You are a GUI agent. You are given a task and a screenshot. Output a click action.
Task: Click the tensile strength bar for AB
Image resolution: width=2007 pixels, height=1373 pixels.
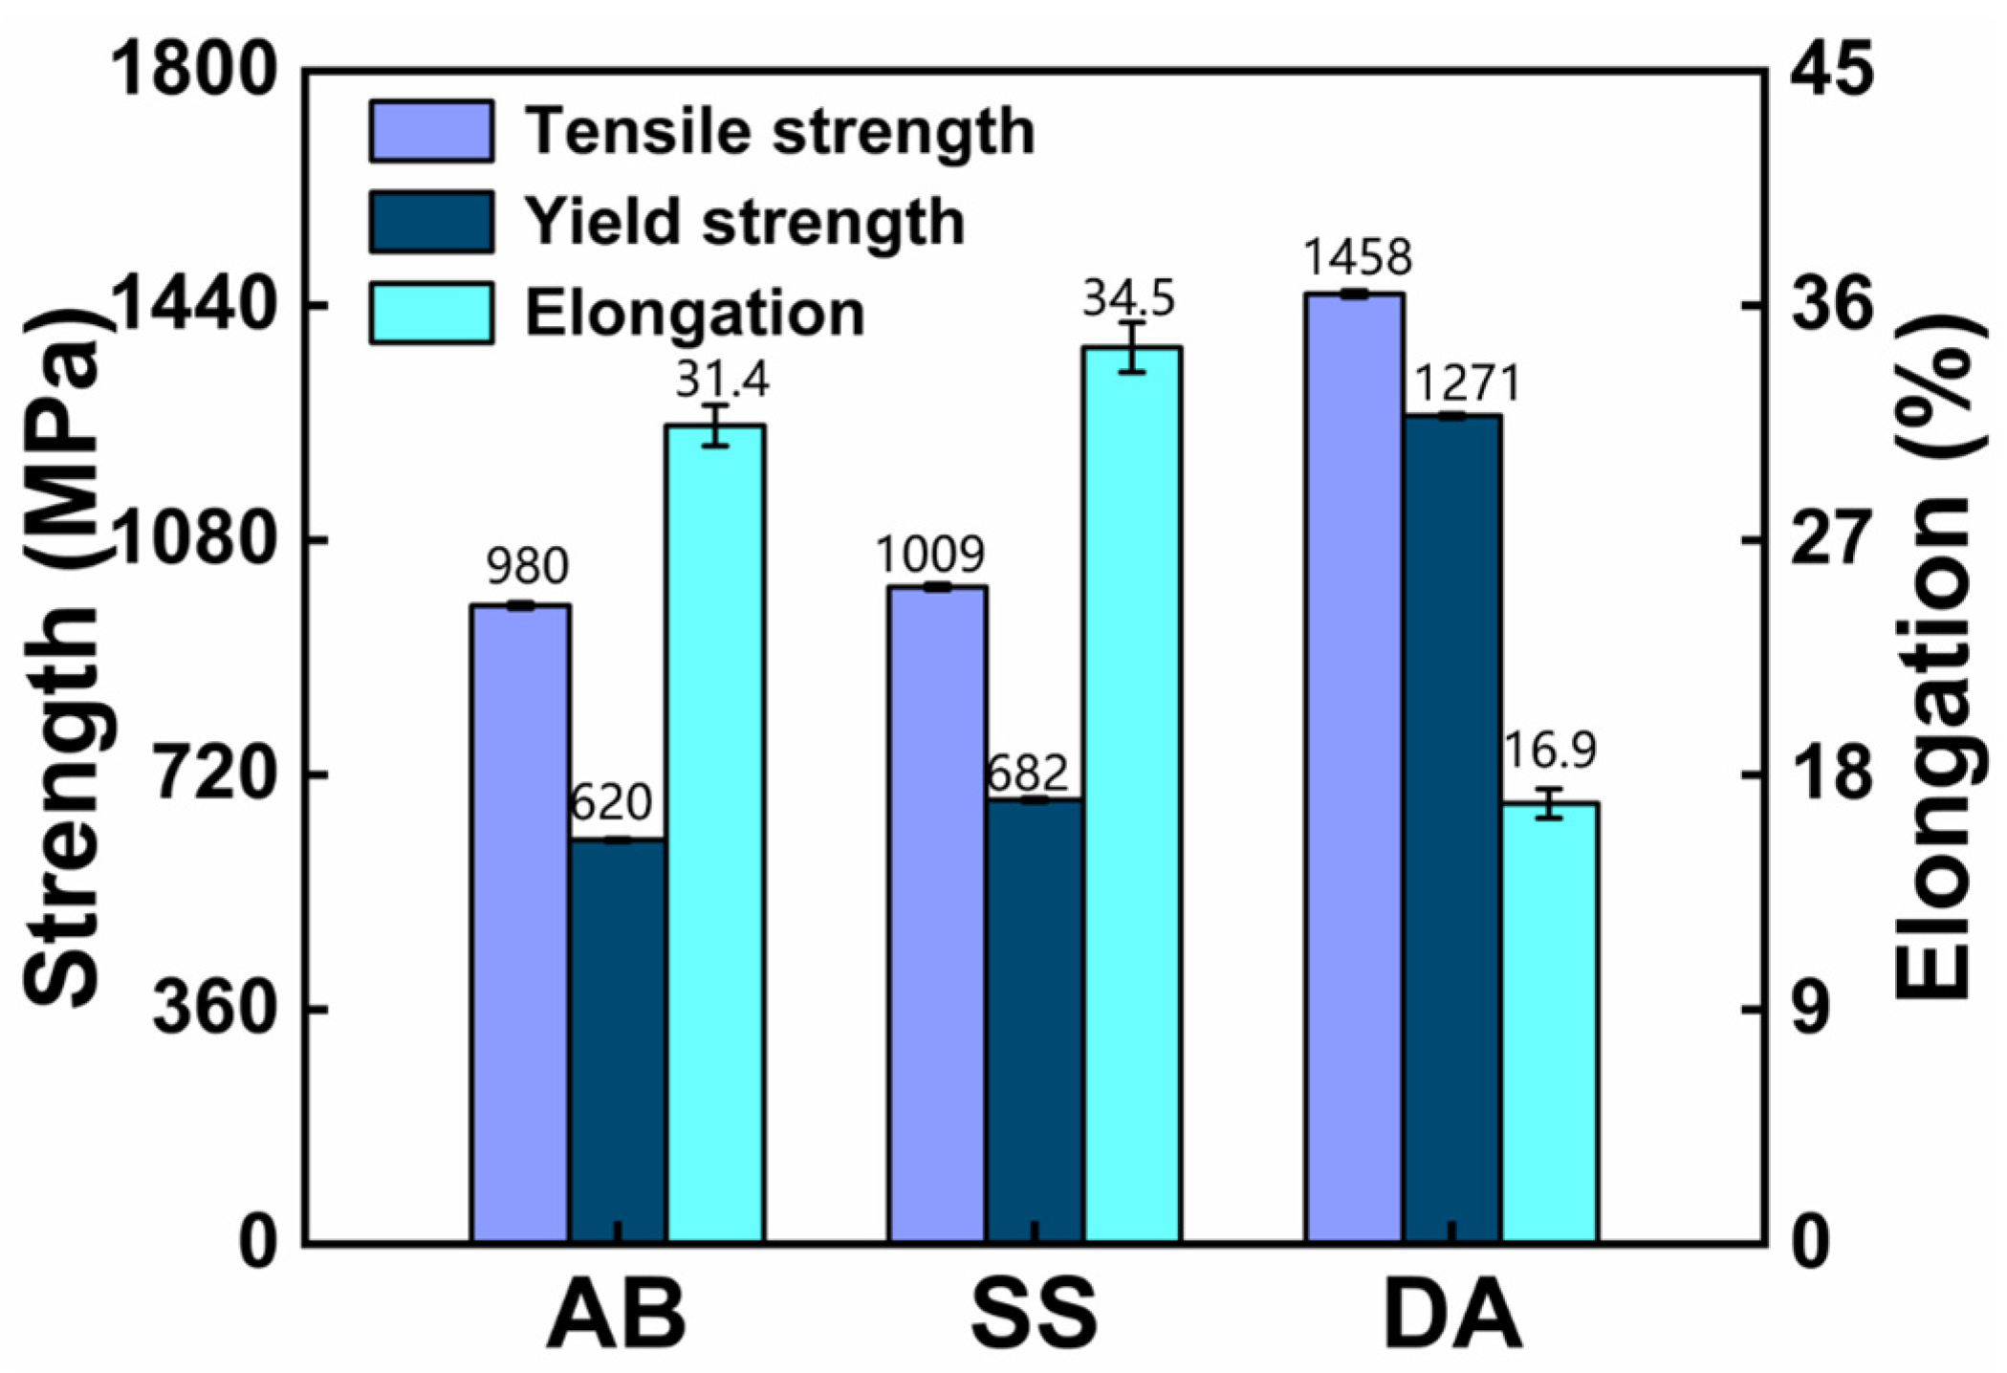[x=520, y=923]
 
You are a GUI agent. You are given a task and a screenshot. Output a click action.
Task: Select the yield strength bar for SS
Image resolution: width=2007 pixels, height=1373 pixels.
[x=1035, y=1020]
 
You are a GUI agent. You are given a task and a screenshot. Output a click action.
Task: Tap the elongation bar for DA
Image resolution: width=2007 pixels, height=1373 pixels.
[x=1550, y=1022]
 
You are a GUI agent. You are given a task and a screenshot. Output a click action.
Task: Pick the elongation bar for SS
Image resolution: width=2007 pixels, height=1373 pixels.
[x=1133, y=794]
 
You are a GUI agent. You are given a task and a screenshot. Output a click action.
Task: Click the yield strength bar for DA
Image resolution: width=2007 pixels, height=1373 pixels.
[x=1452, y=828]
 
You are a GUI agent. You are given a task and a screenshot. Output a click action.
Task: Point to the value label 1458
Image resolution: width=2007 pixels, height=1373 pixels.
[x=1357, y=257]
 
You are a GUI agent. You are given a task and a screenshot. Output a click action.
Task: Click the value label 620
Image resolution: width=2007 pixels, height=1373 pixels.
[x=611, y=802]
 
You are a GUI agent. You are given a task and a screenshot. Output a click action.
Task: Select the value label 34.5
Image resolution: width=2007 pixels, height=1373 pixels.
[x=1129, y=299]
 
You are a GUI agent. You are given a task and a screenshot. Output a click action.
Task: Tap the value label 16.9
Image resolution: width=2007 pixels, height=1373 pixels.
[x=1550, y=751]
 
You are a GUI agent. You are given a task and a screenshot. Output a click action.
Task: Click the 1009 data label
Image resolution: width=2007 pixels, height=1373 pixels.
[x=930, y=554]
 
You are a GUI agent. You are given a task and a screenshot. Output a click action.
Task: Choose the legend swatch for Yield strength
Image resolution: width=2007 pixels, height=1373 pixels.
[x=431, y=222]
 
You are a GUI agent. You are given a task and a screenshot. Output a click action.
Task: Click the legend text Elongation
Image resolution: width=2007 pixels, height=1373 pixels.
[x=695, y=314]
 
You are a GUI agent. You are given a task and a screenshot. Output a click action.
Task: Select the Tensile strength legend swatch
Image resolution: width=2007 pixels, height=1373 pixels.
[x=431, y=131]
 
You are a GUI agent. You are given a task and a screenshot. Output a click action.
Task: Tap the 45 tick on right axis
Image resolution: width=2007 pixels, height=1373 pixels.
[x=1833, y=73]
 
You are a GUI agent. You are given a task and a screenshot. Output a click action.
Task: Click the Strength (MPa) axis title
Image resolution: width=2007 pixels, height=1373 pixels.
[x=62, y=660]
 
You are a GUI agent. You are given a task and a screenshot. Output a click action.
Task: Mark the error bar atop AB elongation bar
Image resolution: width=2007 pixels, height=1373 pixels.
[x=715, y=425]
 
